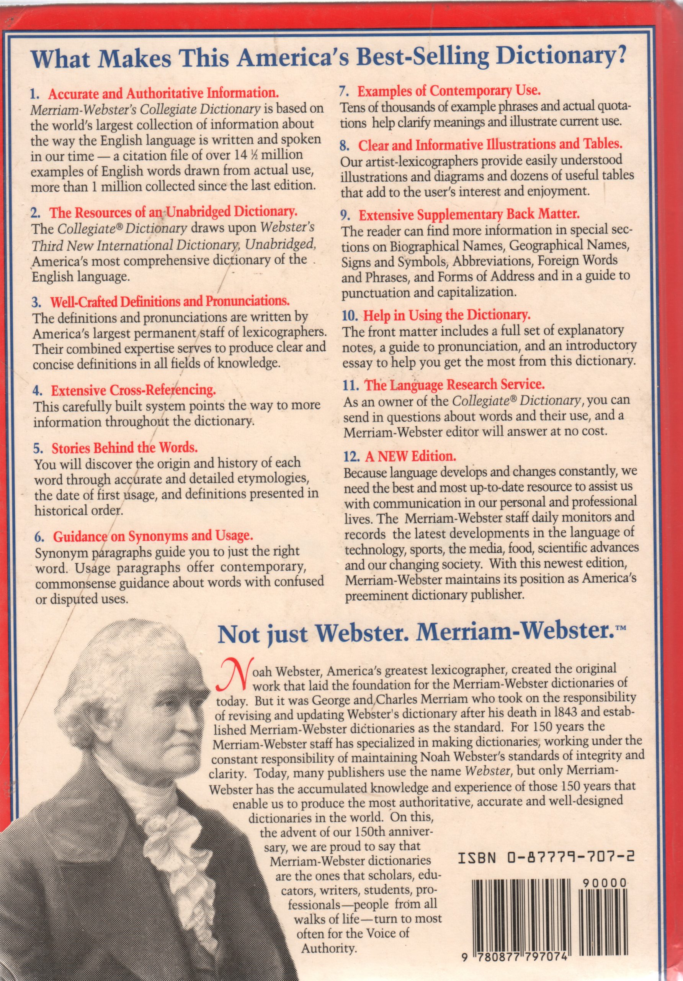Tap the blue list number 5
tap(38, 448)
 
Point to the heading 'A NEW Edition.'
tap(410, 456)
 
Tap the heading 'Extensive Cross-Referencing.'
tap(133, 390)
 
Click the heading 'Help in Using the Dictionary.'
tap(446, 315)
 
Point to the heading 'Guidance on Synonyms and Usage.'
tap(153, 536)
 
